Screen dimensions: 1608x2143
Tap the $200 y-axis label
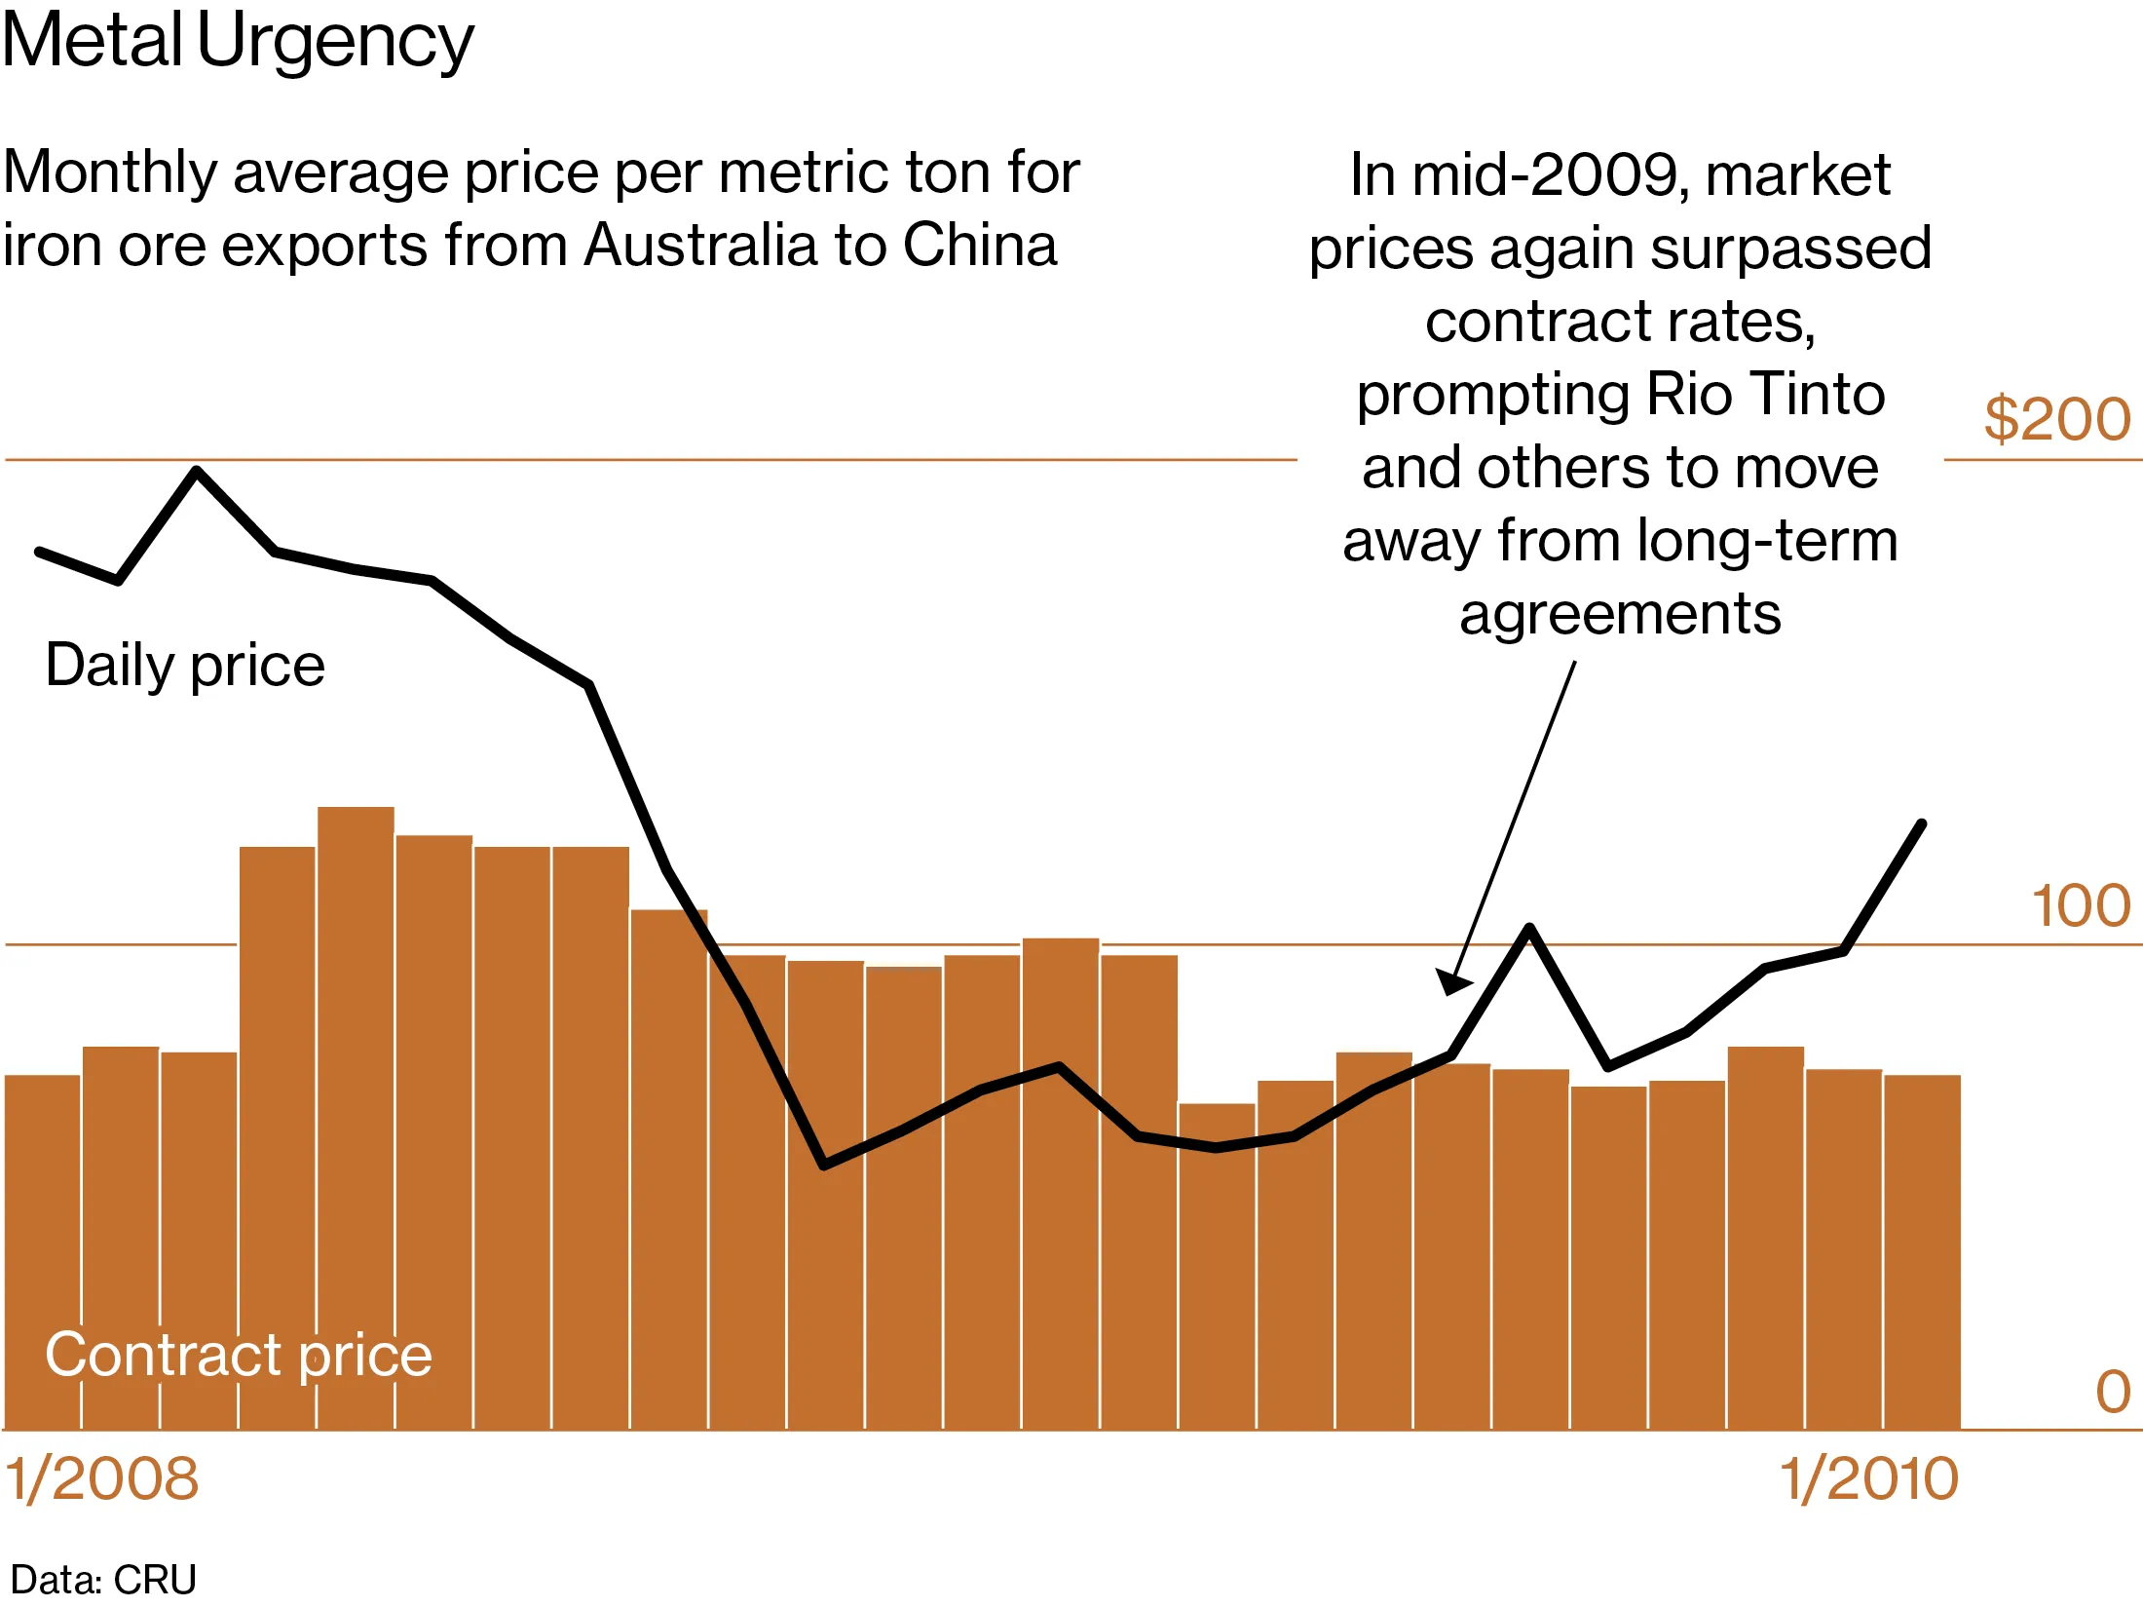click(x=2056, y=419)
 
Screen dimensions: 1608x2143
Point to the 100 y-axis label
click(x=2080, y=906)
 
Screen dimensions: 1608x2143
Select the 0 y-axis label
click(x=2112, y=1392)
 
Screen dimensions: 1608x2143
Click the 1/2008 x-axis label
click(x=102, y=1478)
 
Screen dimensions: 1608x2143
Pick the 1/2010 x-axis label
click(x=1868, y=1478)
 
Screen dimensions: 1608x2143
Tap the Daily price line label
click(x=185, y=666)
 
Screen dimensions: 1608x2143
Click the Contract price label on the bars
click(x=239, y=1355)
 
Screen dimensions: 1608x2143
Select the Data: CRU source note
click(x=103, y=1579)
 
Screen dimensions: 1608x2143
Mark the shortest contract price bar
click(x=1217, y=1267)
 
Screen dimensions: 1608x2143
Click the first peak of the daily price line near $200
click(x=197, y=471)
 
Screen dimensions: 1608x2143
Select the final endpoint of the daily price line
click(x=1922, y=823)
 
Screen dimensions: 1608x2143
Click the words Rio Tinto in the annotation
click(x=1765, y=395)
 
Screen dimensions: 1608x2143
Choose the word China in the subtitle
click(x=979, y=245)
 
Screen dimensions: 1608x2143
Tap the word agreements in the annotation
click(x=1620, y=614)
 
